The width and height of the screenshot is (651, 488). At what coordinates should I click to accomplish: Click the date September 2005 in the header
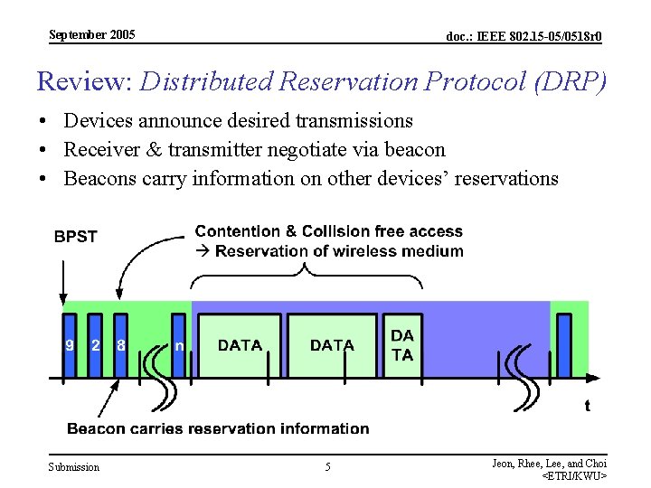pos(91,34)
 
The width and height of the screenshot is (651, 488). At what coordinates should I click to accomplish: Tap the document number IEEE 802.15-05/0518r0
pos(524,36)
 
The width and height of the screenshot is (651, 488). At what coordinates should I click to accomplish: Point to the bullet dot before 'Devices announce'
pos(42,121)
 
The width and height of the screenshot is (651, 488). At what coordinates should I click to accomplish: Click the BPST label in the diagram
pos(75,236)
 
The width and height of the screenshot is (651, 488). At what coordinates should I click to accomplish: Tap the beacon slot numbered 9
pos(70,344)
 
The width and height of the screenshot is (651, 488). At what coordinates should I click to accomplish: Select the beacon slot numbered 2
pos(95,344)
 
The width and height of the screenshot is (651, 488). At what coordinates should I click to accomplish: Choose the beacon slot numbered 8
pos(120,344)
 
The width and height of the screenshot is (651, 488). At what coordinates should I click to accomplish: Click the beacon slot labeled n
pos(178,344)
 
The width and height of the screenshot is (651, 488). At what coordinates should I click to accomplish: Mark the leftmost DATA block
pos(240,345)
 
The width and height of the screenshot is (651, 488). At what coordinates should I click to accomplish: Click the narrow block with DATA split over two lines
pos(402,345)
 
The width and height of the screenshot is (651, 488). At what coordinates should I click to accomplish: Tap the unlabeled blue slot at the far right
pos(564,344)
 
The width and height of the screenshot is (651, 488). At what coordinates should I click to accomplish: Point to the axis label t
pos(587,406)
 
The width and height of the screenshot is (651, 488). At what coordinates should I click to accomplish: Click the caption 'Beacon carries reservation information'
pos(218,428)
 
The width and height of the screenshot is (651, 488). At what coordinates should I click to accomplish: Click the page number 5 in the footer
pos(327,467)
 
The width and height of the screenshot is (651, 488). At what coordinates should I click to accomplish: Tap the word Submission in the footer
pos(73,467)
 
